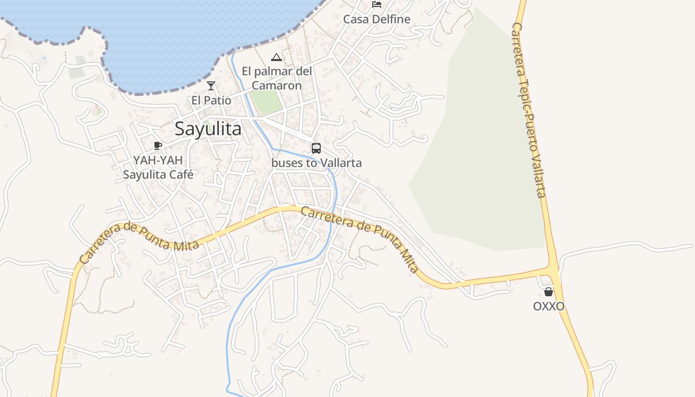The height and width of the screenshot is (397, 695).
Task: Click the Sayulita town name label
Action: (208, 129)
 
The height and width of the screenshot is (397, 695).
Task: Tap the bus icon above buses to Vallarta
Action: (316, 148)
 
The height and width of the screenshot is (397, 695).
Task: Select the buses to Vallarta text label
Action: (317, 163)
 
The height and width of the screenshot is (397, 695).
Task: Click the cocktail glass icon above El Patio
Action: (211, 86)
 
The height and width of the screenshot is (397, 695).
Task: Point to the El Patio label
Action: (211, 100)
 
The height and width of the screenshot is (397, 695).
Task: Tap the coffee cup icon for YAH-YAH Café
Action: (158, 145)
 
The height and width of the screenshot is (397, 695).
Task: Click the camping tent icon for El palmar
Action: (277, 57)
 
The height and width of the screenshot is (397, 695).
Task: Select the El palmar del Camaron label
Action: (277, 78)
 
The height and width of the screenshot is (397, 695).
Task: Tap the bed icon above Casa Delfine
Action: (377, 4)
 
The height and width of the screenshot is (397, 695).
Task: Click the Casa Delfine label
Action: (377, 19)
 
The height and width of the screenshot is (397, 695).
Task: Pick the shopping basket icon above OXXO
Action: (549, 292)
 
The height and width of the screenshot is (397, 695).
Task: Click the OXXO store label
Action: (549, 306)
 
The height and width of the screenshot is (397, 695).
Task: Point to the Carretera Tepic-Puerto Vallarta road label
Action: (529, 109)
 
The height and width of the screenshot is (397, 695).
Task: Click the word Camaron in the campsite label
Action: (277, 85)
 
